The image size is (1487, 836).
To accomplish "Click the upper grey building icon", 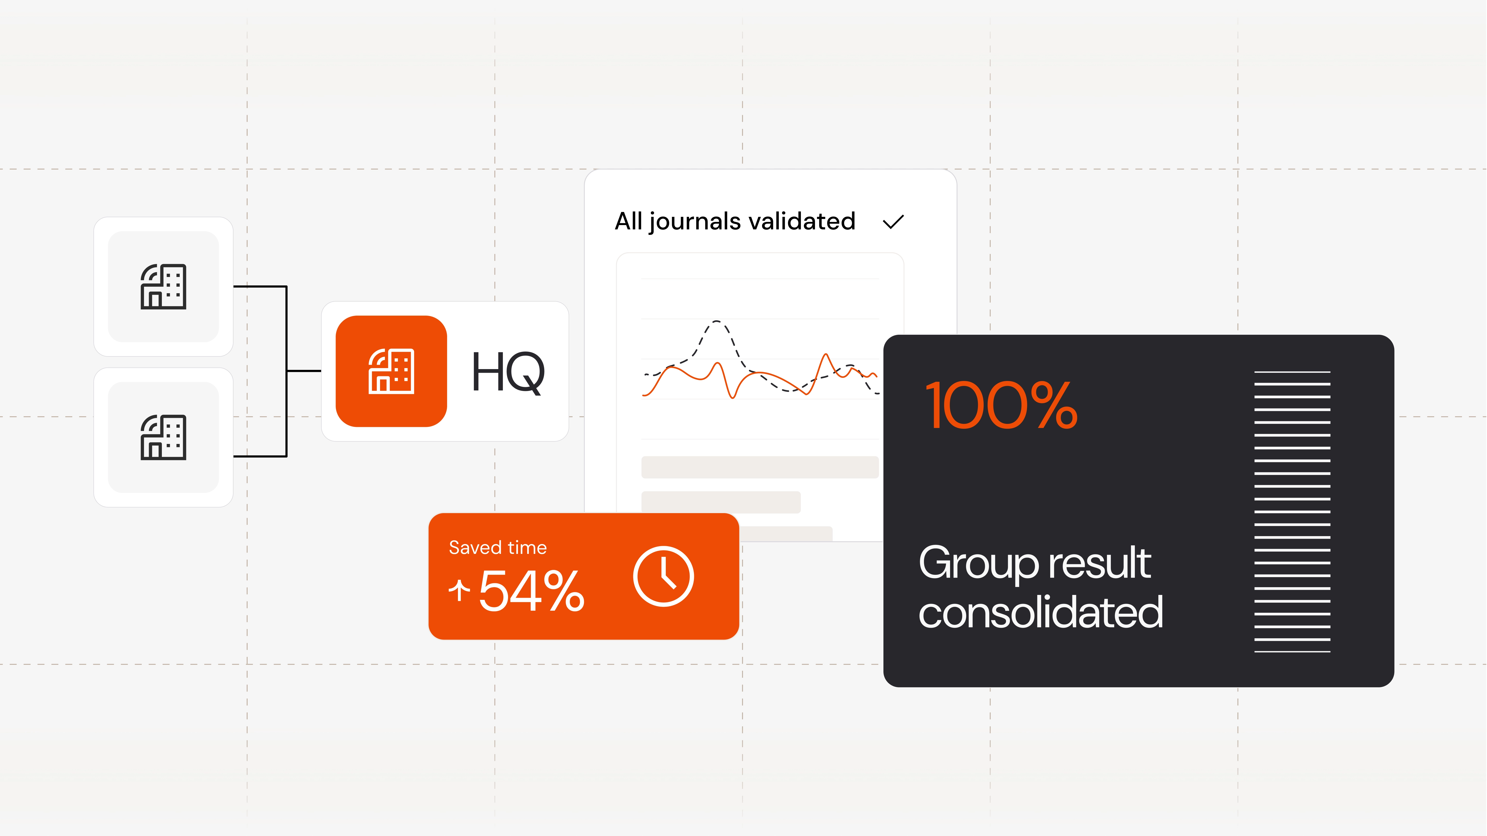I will tap(163, 287).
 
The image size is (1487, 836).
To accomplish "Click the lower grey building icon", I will tap(163, 437).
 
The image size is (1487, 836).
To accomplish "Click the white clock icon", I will tap(663, 576).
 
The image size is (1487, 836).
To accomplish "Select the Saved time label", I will tap(497, 547).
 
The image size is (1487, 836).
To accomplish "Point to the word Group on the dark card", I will tap(978, 564).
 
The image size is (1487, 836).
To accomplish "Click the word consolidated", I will tap(1040, 612).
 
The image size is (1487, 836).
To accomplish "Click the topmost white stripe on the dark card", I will tap(1292, 372).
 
